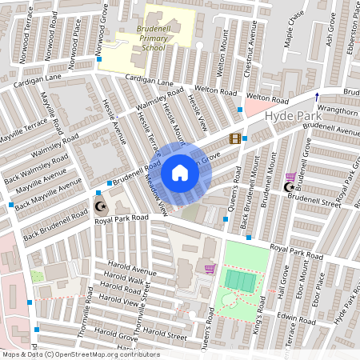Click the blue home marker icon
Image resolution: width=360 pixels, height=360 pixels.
pos(179,173)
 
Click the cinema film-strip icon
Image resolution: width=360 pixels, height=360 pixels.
pos(234,138)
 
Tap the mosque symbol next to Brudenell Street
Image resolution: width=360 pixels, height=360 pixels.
pos(290,187)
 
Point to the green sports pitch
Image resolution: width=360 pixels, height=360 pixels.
pos(241,280)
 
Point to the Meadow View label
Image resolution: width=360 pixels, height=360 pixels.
pos(157,190)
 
